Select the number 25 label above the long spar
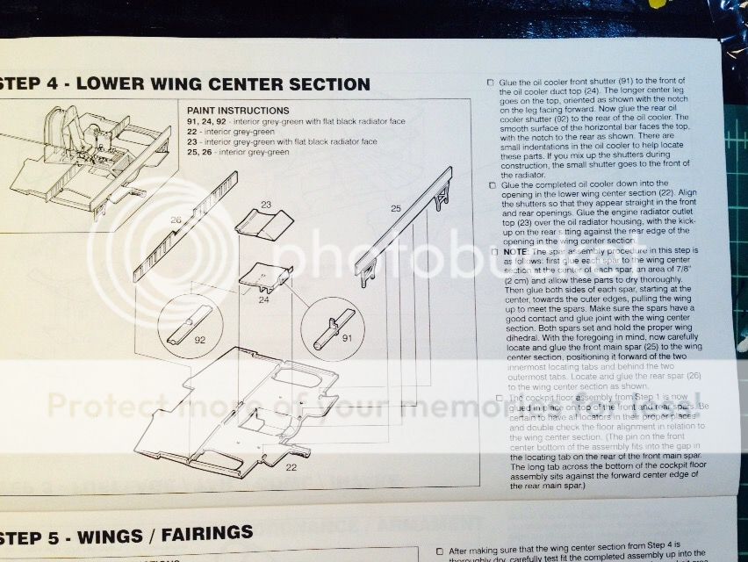pos(396,207)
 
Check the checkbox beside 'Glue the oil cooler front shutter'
pos(490,83)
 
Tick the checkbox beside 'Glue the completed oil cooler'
pos(491,186)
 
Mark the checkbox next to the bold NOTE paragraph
pos(496,250)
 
